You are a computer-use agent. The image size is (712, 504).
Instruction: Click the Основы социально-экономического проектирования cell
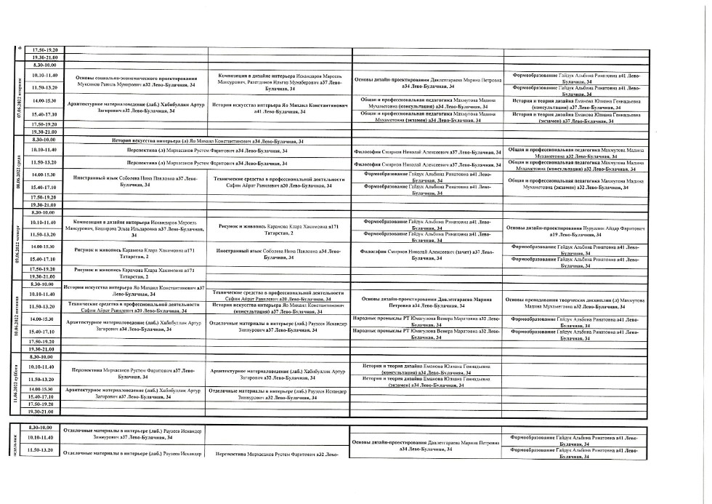(x=136, y=81)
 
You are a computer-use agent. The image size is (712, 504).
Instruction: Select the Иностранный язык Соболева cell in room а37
(x=136, y=181)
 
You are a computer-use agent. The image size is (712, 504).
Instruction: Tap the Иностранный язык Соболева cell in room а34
(x=278, y=254)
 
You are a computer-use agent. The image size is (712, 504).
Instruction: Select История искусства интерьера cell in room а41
(x=278, y=108)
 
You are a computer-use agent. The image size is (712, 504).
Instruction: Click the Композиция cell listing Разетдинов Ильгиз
(x=278, y=81)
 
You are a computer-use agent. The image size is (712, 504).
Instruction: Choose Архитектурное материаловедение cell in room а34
(x=136, y=324)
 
